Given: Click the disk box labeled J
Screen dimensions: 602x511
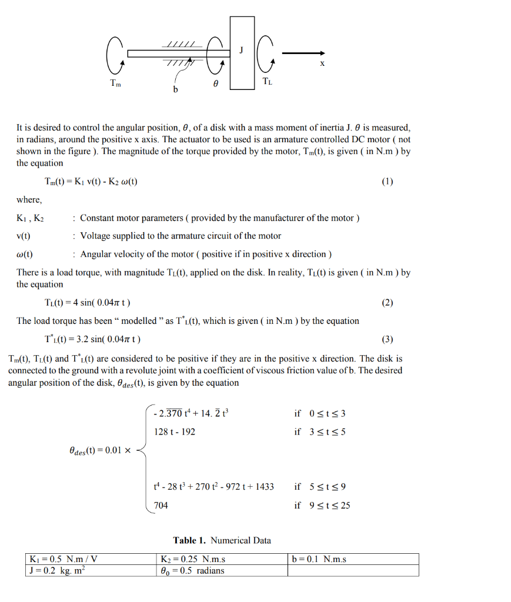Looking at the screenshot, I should [242, 53].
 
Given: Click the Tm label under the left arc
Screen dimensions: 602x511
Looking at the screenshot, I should [116, 83].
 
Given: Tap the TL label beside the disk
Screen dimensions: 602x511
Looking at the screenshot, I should [267, 82].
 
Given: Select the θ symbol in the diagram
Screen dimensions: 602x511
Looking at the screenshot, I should [215, 84].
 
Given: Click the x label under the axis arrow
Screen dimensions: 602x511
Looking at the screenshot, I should [322, 64].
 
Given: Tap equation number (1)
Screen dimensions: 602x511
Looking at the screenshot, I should [387, 181].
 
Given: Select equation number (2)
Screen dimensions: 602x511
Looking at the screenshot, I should [387, 303].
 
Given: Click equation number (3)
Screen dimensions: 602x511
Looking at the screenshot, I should [387, 339].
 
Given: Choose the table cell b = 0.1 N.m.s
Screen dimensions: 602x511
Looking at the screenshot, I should [353, 559].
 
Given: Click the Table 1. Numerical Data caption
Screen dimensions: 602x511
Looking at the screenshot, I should [222, 540].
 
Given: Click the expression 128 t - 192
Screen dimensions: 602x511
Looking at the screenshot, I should [175, 432].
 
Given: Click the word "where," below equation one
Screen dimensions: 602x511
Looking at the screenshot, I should [29, 199].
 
